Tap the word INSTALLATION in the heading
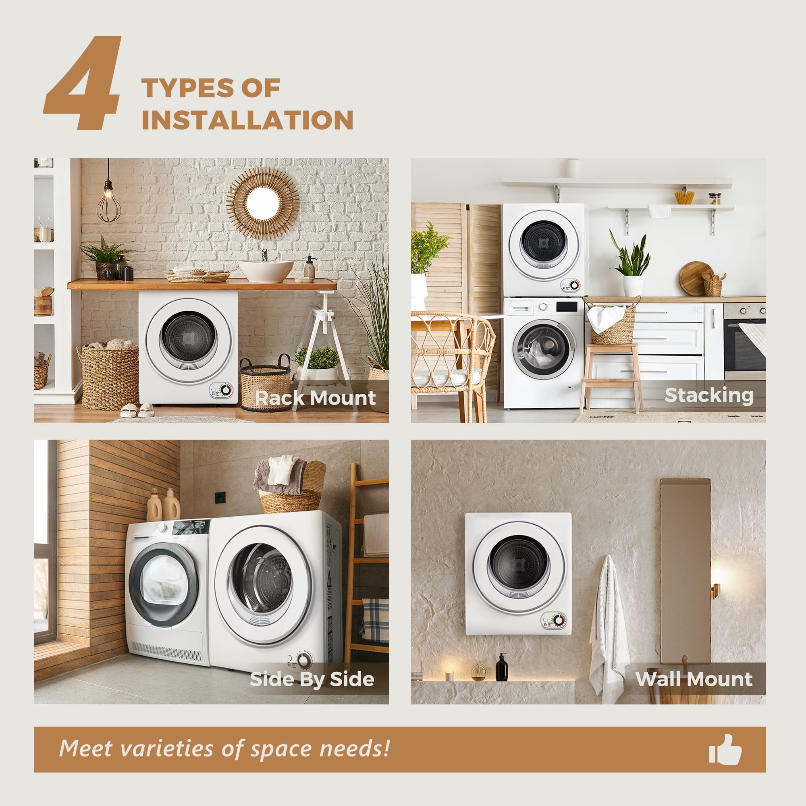click(248, 120)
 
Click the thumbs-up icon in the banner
click(725, 749)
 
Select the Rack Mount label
click(316, 398)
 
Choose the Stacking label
click(709, 395)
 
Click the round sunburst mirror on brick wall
click(263, 203)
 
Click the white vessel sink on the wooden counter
click(266, 270)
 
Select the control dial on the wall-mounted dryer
click(559, 620)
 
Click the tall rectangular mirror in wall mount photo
click(685, 571)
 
